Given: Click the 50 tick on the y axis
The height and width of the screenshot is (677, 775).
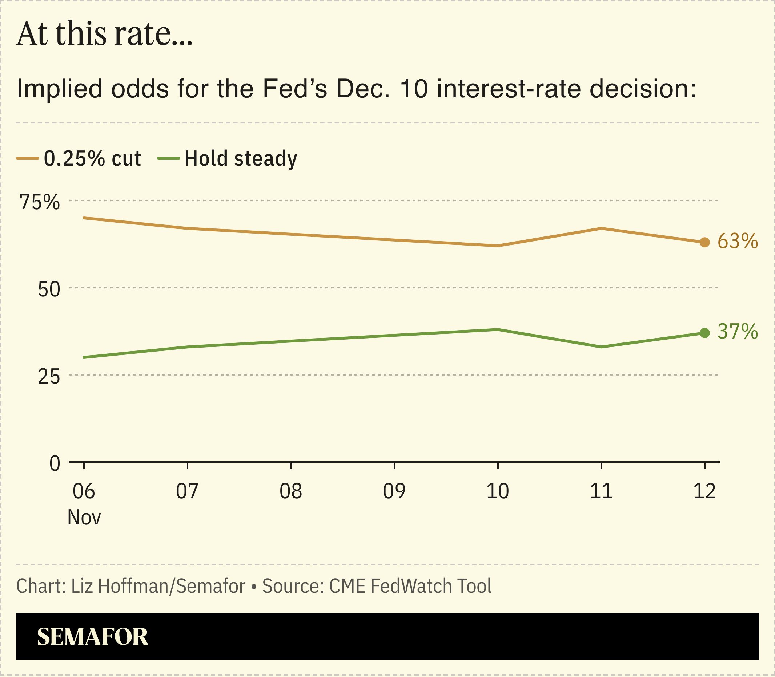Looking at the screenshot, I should click(x=49, y=290).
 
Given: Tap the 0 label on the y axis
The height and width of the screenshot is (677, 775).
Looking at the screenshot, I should click(x=55, y=463).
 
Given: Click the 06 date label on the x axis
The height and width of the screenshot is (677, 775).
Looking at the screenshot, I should click(x=84, y=491).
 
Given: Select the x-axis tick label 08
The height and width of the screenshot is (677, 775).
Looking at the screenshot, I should click(x=291, y=491).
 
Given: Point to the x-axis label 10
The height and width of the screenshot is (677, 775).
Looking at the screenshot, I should click(x=498, y=491).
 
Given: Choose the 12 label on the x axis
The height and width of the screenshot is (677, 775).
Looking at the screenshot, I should click(x=705, y=491).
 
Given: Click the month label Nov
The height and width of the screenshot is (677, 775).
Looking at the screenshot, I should click(x=84, y=518).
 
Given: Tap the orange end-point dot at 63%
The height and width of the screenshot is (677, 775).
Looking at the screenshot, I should click(x=705, y=243).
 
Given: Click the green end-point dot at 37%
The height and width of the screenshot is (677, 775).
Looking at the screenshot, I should click(x=705, y=333).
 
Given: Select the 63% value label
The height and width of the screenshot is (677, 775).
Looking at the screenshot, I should click(x=738, y=241).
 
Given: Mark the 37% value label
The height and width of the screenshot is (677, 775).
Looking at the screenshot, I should click(x=738, y=332).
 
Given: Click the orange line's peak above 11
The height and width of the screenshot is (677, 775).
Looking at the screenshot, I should click(x=601, y=228).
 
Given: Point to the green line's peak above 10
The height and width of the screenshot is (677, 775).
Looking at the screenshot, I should click(x=498, y=329).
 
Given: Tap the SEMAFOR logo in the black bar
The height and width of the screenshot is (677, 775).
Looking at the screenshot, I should click(x=93, y=637).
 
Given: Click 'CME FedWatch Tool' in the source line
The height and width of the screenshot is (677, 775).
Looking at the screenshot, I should click(x=410, y=586).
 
